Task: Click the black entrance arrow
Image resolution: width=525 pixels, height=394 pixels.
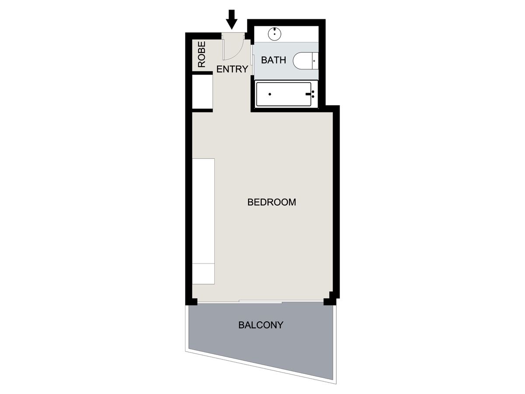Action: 231,20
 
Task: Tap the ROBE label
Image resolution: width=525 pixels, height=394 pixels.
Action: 202,54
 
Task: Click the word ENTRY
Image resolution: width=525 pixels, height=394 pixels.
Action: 232,69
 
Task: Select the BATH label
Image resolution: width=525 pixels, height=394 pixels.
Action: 273,60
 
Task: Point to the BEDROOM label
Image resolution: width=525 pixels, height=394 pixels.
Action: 272,202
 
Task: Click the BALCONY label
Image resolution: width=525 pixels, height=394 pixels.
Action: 261,325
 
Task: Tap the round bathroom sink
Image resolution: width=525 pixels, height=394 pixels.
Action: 274,34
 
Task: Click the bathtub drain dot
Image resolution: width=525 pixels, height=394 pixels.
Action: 270,94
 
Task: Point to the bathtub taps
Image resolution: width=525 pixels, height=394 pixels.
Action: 311,94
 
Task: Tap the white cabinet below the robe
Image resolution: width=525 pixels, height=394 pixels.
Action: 203,92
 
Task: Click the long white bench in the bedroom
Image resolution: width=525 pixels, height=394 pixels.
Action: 203,221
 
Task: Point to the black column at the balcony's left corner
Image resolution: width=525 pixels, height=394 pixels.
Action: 193,302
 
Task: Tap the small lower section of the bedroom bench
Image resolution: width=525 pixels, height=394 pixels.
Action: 203,274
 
